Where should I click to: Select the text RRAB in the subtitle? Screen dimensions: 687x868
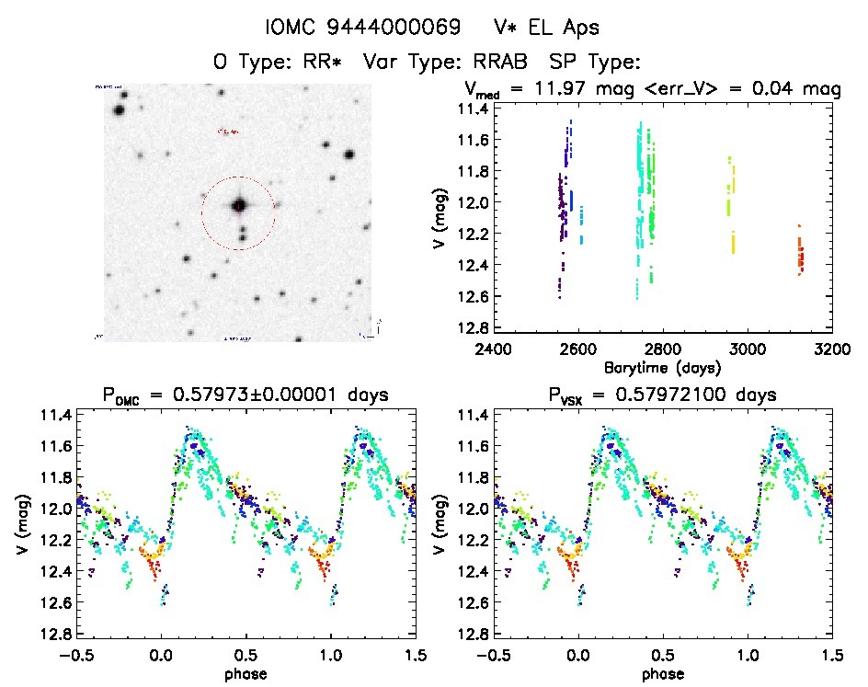[505, 63]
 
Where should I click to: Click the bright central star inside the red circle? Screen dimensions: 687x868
[239, 205]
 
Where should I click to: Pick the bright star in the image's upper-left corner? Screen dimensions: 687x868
[119, 110]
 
